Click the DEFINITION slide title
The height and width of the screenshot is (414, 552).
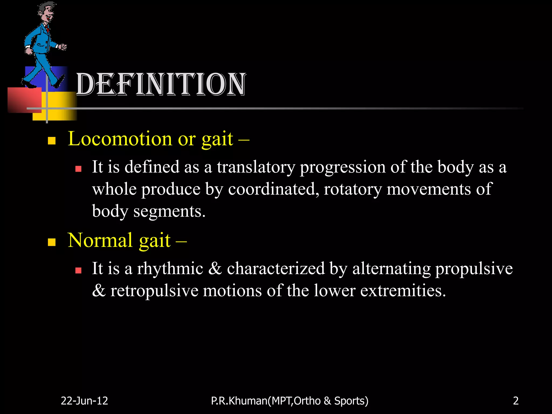click(x=161, y=84)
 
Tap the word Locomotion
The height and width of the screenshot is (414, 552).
click(x=120, y=139)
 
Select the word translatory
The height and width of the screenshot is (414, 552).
click(x=256, y=167)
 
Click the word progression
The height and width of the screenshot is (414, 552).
click(x=343, y=167)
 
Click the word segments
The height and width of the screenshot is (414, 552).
click(x=169, y=211)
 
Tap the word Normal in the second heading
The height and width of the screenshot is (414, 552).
click(x=100, y=240)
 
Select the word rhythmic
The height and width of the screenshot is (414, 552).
click(x=170, y=268)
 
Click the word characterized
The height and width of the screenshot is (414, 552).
click(x=276, y=268)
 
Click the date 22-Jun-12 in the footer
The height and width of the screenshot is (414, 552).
click(x=84, y=401)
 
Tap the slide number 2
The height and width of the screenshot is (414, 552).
click(x=516, y=401)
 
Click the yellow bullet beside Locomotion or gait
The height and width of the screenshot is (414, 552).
click(x=51, y=140)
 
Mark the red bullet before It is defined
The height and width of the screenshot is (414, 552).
click(x=78, y=169)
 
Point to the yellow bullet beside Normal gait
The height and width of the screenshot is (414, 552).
click(x=51, y=242)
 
